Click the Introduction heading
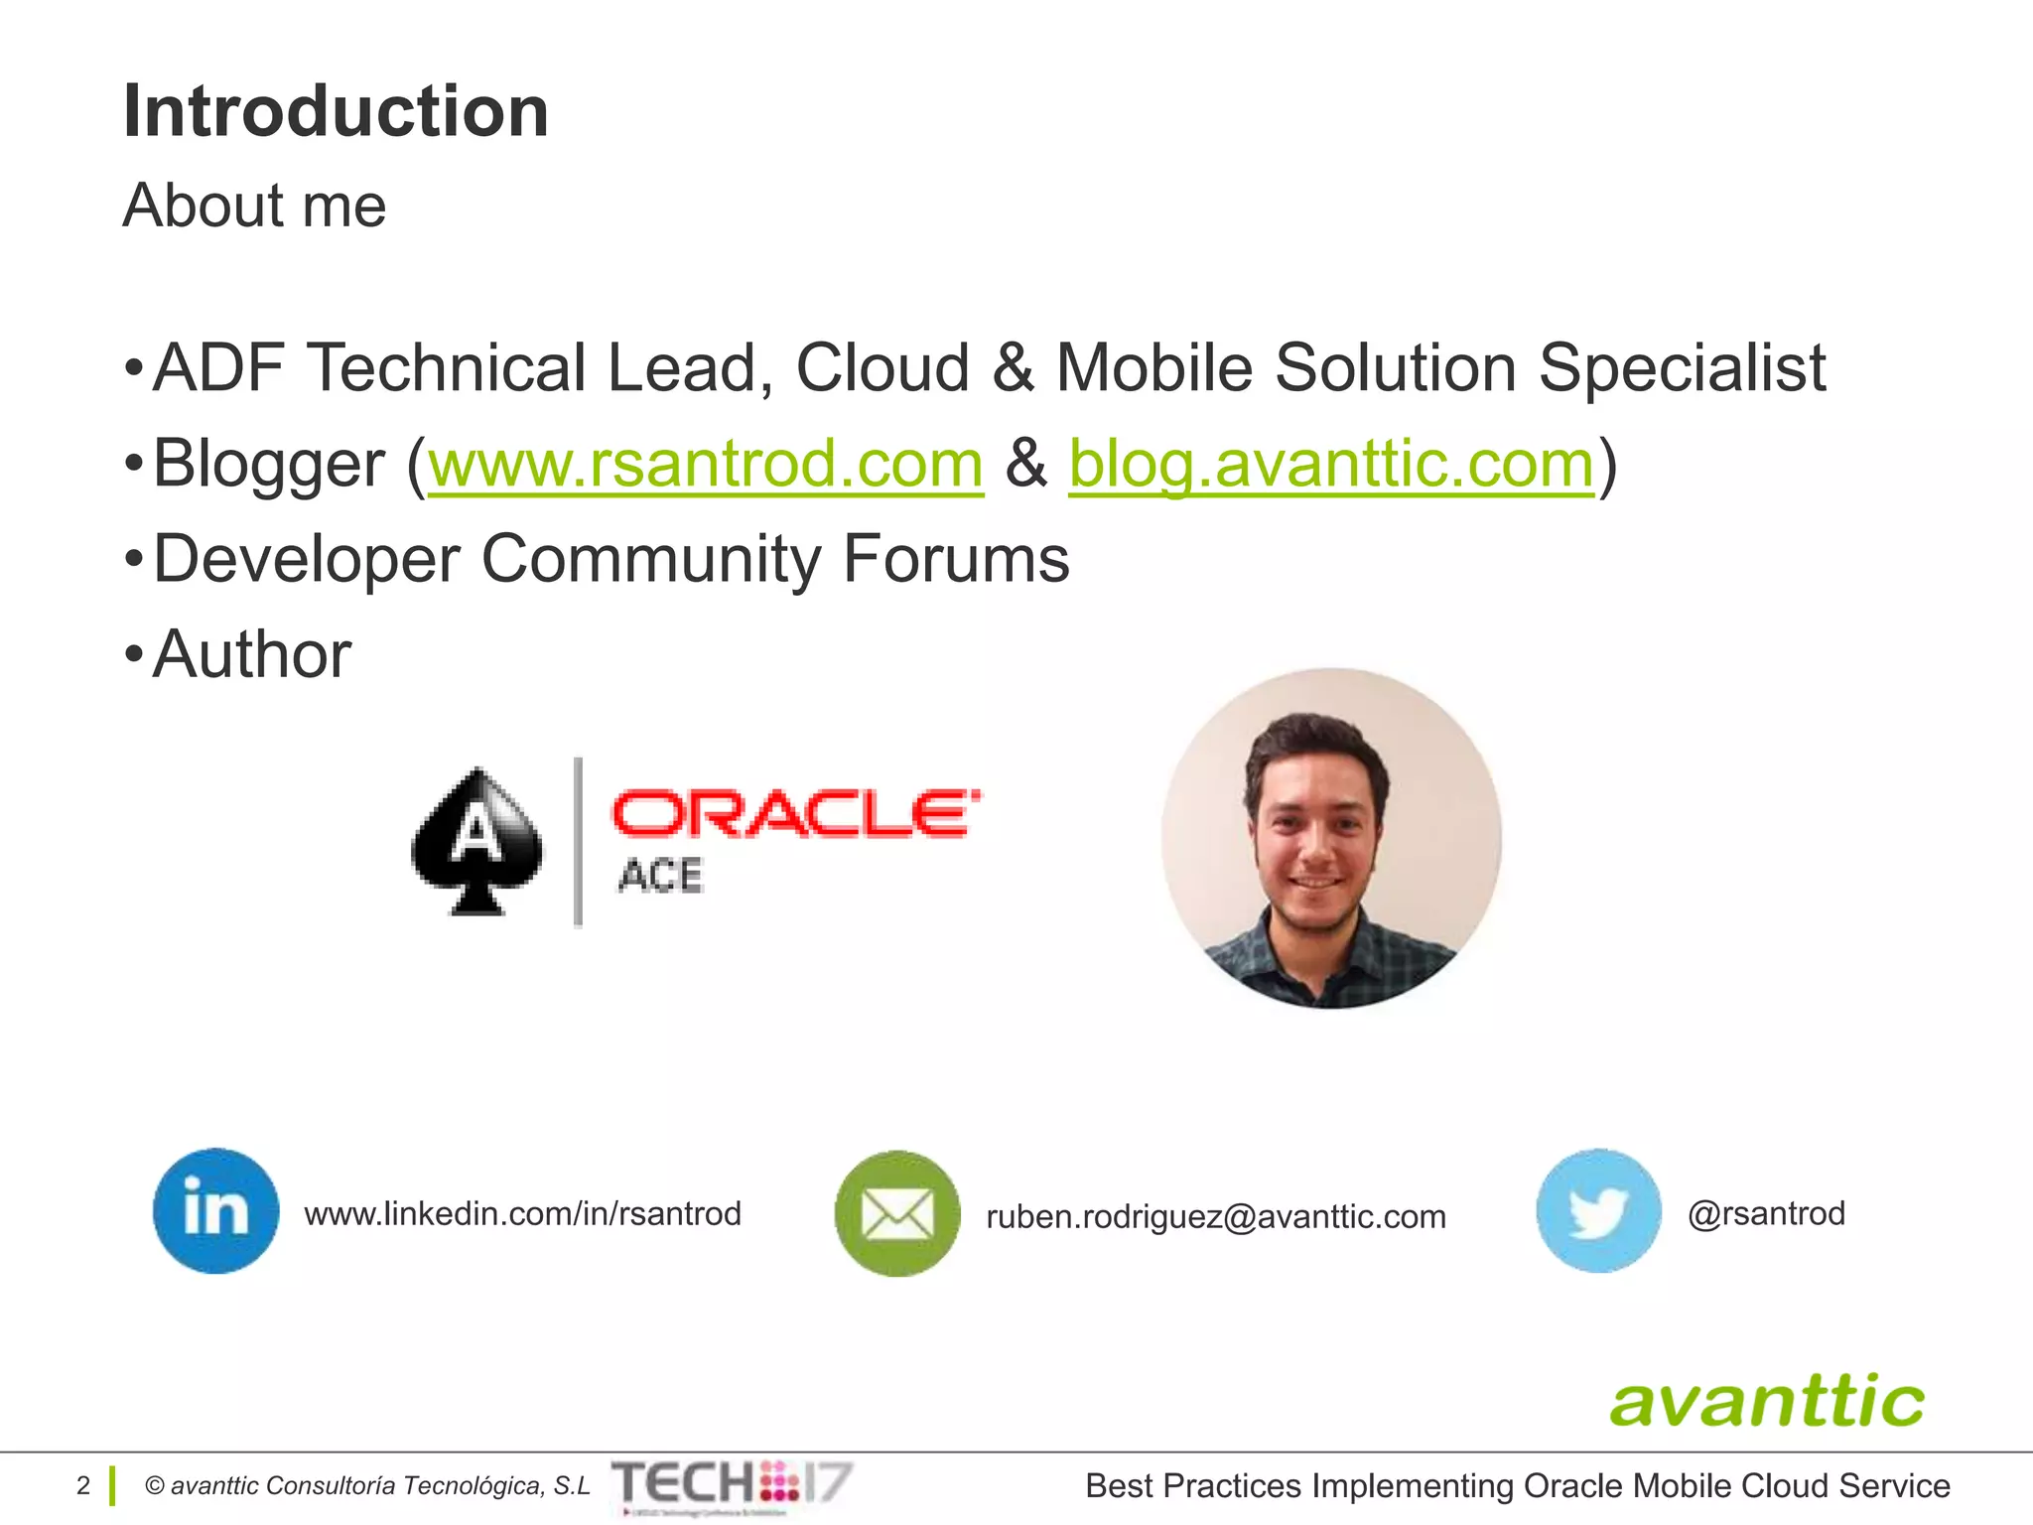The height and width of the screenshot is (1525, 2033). pos(336,111)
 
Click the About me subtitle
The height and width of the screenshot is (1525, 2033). pos(254,206)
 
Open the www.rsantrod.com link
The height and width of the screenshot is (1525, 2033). pos(705,464)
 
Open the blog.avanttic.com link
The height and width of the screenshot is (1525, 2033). pos(1331,464)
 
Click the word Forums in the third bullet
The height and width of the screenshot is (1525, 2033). pos(956,559)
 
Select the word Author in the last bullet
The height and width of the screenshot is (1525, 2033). pos(252,655)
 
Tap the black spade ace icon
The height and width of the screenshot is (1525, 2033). pos(477,841)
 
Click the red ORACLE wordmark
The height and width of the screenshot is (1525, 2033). pos(795,814)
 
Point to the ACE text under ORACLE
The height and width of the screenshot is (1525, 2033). pos(660,877)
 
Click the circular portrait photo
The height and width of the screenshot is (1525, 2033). pos(1331,839)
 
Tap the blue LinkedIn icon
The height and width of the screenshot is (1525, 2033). pos(215,1211)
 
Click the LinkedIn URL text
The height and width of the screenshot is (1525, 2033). pos(522,1214)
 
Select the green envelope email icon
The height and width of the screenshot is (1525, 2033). pos(897,1213)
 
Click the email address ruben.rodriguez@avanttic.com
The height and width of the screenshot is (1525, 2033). pos(1216,1216)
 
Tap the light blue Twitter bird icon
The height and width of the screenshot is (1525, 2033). pos(1598,1211)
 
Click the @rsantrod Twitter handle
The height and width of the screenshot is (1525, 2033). pos(1766,1213)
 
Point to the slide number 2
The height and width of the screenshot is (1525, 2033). pos(83,1485)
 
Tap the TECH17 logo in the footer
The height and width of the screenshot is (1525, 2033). pos(732,1484)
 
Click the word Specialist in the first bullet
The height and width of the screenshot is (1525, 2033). pos(1682,368)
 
